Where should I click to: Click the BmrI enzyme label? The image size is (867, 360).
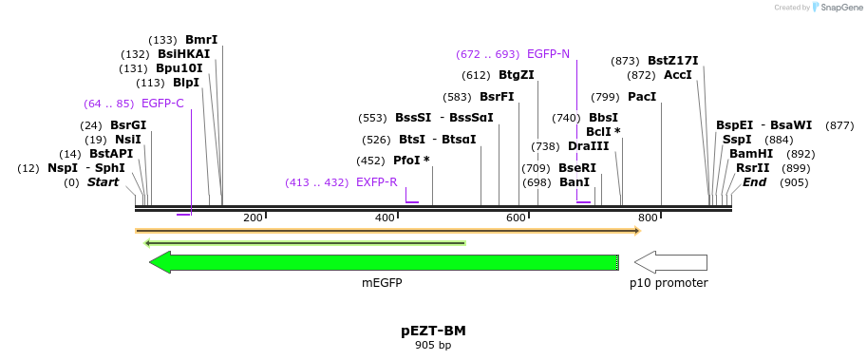click(x=201, y=40)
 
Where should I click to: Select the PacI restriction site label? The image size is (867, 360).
click(x=642, y=97)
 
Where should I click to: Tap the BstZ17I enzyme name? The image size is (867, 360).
click(x=672, y=61)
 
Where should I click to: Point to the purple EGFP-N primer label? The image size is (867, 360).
click(x=548, y=54)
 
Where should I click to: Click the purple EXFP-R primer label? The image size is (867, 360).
click(x=376, y=182)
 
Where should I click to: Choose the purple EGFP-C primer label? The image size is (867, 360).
click(x=162, y=103)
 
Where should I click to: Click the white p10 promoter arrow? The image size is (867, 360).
click(x=670, y=262)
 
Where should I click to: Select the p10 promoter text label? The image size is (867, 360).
click(x=669, y=283)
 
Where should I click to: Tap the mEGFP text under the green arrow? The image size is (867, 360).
click(x=382, y=283)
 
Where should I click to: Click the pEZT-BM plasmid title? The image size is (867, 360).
click(x=433, y=332)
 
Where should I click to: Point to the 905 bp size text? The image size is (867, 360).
click(x=433, y=346)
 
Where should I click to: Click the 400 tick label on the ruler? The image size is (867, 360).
click(x=385, y=218)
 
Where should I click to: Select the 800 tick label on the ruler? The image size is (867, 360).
click(x=649, y=218)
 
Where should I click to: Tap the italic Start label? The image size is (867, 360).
click(x=104, y=182)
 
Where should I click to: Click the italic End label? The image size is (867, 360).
click(x=754, y=182)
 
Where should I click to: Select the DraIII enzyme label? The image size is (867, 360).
click(x=588, y=146)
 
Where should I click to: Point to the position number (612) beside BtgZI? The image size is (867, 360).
click(x=476, y=76)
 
